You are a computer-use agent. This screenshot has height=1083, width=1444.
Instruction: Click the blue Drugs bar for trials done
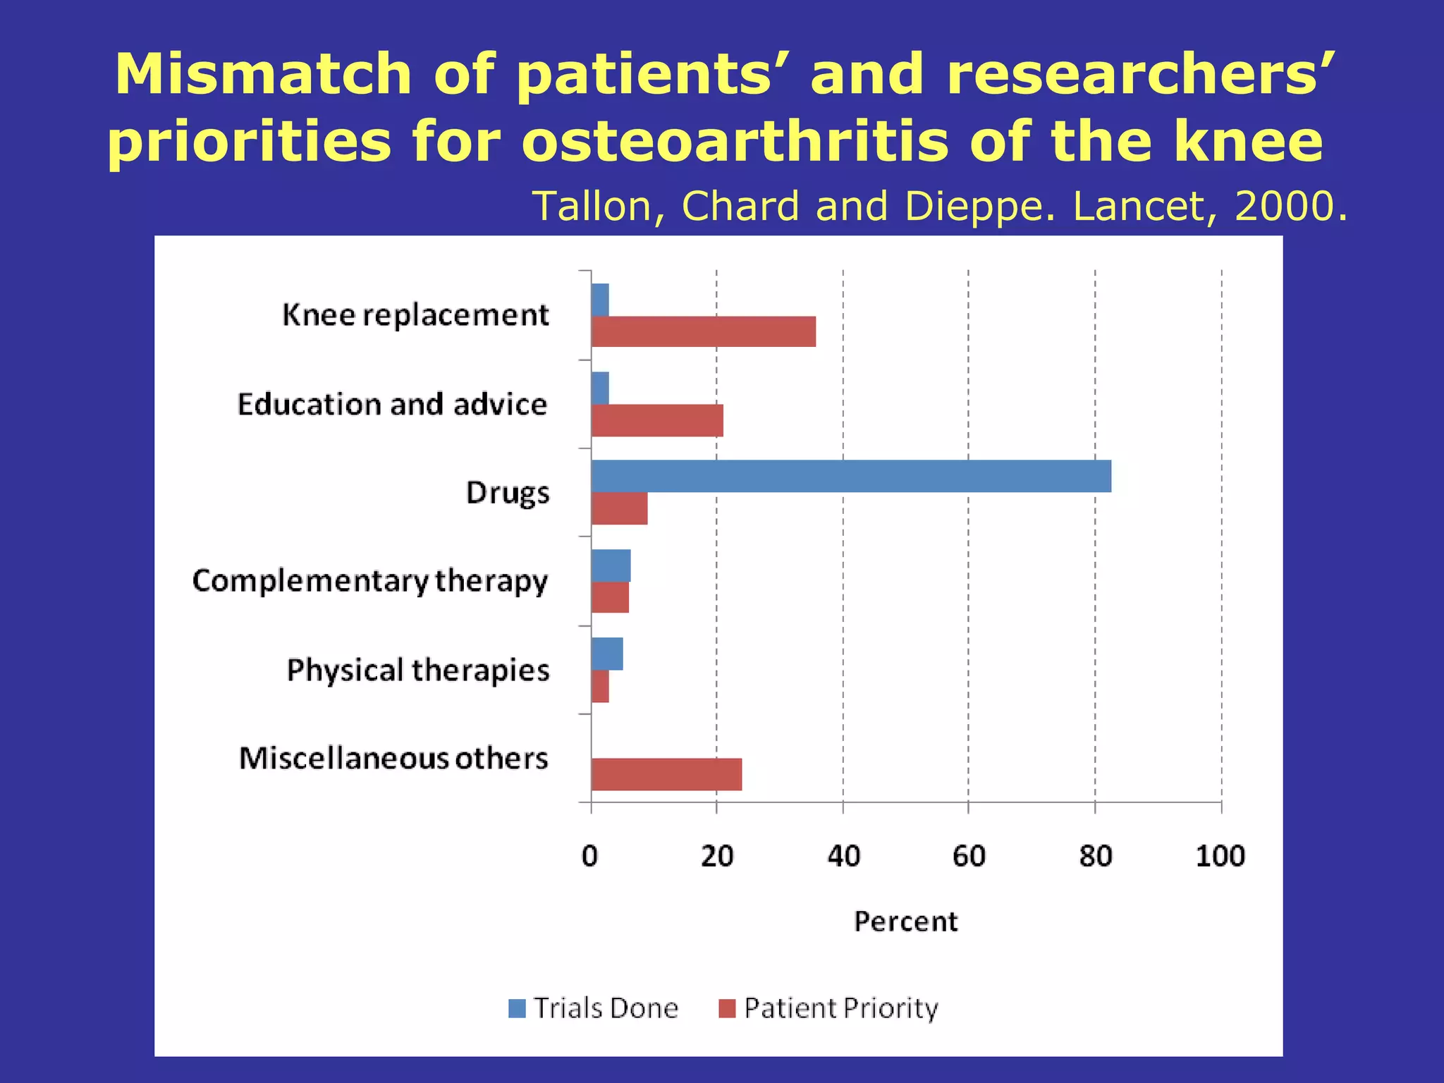click(x=851, y=476)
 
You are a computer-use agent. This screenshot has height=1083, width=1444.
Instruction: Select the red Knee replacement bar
click(x=703, y=331)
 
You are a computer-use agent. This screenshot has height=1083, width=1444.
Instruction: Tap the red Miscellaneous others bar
click(x=666, y=774)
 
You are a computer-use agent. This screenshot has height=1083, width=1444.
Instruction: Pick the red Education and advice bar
click(x=657, y=421)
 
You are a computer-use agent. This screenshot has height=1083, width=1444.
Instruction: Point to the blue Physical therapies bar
click(x=607, y=654)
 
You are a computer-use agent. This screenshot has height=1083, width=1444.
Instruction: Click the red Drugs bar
click(x=619, y=509)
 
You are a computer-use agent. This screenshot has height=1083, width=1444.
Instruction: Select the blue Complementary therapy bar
click(x=611, y=565)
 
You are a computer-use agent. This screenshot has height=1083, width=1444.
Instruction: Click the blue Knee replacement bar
click(x=600, y=300)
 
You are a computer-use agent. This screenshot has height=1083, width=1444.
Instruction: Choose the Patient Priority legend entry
click(x=828, y=1008)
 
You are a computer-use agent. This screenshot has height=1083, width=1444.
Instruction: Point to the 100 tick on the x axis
click(x=1220, y=856)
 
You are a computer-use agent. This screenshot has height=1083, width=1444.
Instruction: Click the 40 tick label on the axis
click(x=843, y=856)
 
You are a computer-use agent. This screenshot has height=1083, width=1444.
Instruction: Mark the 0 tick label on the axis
click(x=590, y=856)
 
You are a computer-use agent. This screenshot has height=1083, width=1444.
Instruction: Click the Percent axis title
click(x=905, y=922)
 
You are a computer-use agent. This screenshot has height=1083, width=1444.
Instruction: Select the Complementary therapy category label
click(x=369, y=581)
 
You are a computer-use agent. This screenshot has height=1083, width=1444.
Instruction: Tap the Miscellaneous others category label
click(x=393, y=759)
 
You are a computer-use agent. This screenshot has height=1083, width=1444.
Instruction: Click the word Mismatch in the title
click(x=263, y=75)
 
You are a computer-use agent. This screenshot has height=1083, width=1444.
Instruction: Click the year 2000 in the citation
click(x=1284, y=207)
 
